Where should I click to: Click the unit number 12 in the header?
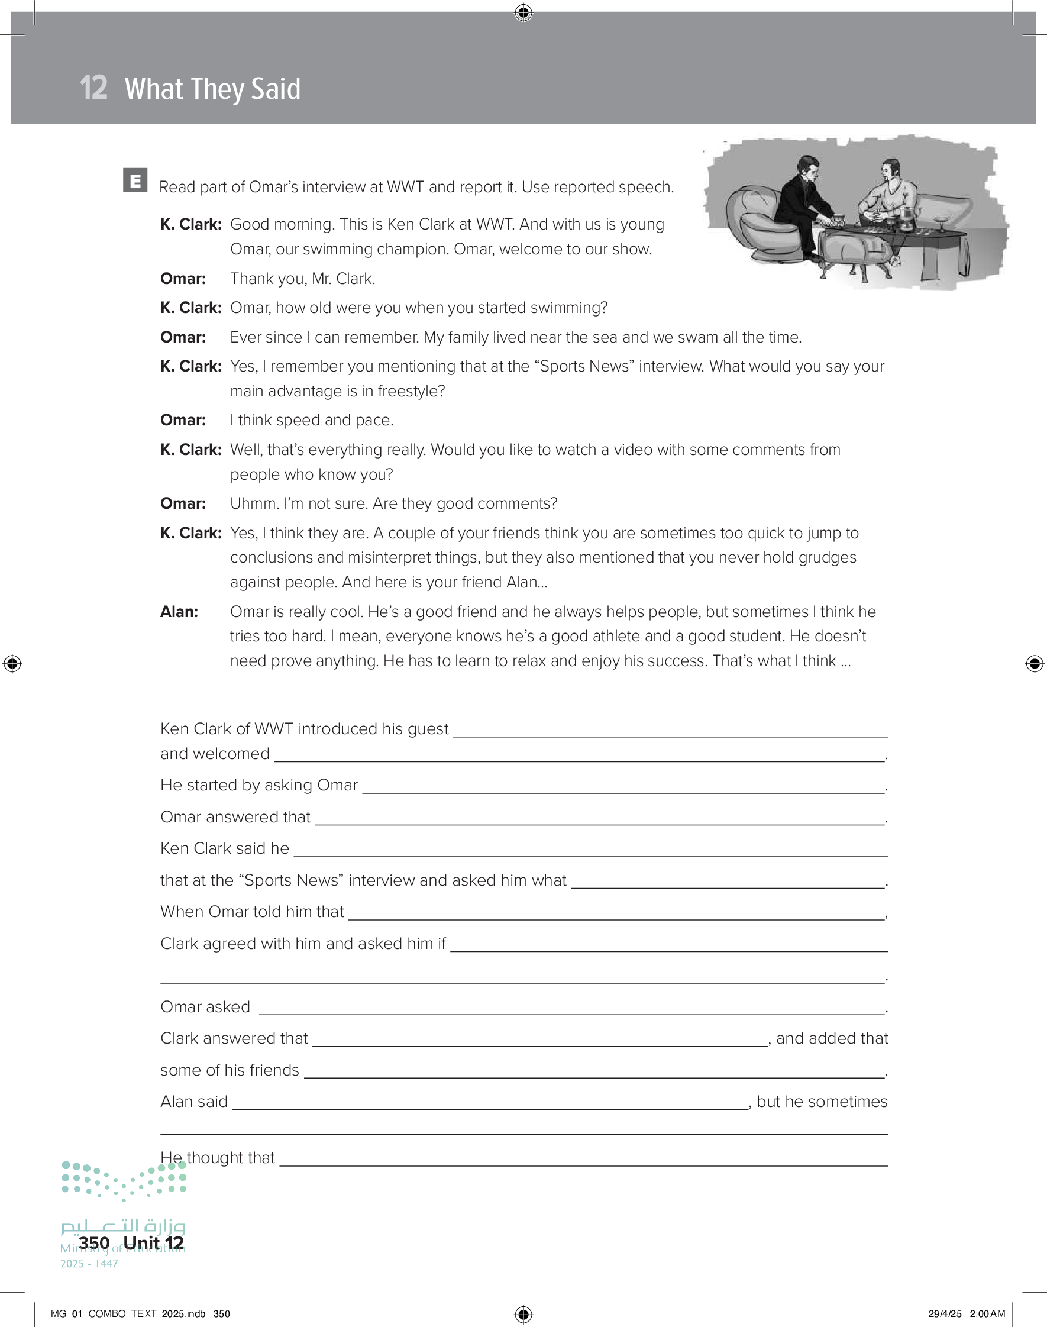(93, 88)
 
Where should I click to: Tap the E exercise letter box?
(135, 180)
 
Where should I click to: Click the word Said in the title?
(276, 89)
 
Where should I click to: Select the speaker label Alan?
(179, 612)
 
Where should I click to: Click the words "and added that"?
(832, 1038)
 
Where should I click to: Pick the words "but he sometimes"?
(822, 1102)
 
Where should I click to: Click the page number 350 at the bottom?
(95, 1242)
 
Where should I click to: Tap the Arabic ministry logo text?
(123, 1225)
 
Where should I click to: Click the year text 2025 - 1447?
(89, 1263)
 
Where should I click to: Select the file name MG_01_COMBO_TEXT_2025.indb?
(128, 1313)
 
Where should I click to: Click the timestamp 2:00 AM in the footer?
(987, 1313)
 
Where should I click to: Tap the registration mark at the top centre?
(523, 12)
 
